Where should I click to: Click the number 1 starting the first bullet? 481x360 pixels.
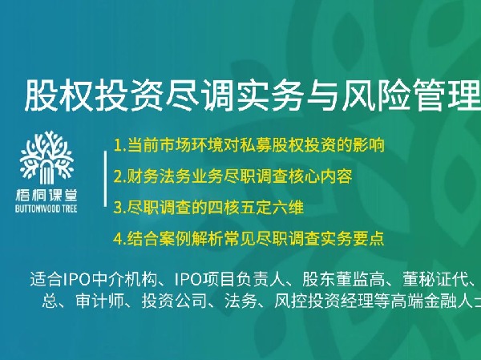click(x=119, y=147)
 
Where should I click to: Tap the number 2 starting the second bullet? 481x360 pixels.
click(x=119, y=175)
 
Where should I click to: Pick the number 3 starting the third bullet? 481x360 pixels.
click(x=119, y=207)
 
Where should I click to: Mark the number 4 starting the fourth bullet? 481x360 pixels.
click(x=119, y=238)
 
